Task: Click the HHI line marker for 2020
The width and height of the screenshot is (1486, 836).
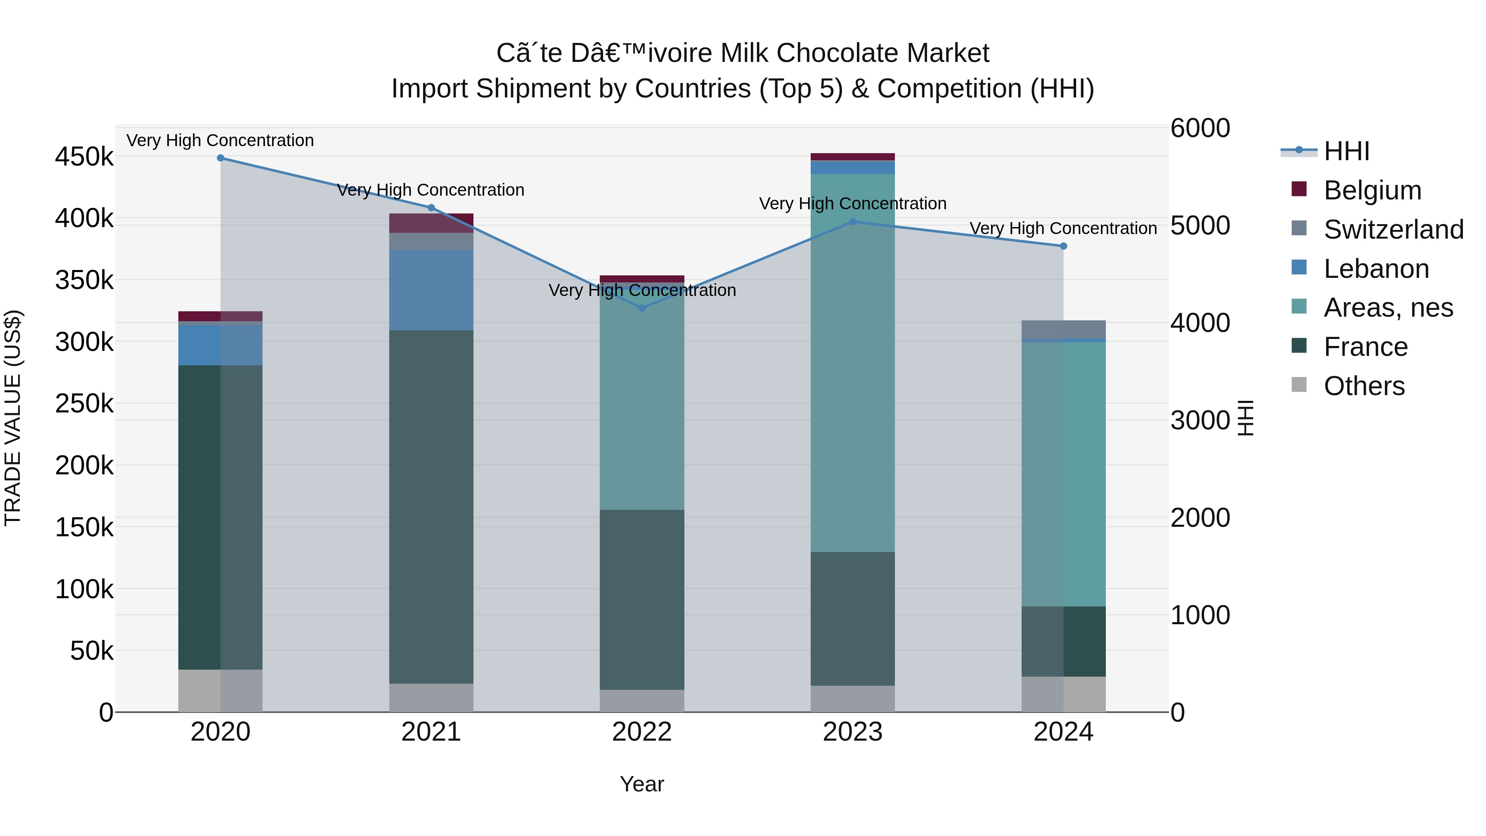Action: point(220,158)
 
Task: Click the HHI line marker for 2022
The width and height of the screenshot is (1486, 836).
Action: point(642,308)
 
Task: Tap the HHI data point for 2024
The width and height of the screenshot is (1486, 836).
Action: point(1064,246)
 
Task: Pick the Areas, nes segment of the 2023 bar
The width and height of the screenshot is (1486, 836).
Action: point(853,363)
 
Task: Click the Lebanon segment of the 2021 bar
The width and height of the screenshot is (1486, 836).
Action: point(431,290)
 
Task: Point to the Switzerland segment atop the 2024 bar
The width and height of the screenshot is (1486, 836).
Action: point(1064,329)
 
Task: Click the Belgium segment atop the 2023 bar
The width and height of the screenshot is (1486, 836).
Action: point(853,157)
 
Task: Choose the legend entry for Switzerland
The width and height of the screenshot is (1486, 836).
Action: point(1393,230)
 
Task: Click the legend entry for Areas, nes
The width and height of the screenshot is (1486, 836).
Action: point(1387,308)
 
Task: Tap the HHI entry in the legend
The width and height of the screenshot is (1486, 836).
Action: point(1346,151)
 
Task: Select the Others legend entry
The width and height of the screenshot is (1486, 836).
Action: point(1364,386)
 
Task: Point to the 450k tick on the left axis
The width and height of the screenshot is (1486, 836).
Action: point(84,157)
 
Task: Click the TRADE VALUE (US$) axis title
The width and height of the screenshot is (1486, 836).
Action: point(13,418)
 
